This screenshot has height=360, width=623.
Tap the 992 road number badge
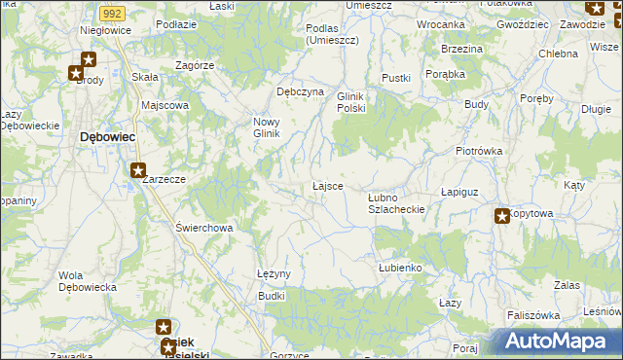click(112, 14)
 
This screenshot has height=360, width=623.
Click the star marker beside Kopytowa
click(502, 216)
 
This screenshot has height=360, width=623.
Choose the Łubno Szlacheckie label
click(396, 203)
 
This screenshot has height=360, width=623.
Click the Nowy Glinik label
click(267, 127)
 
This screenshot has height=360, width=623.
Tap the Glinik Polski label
click(350, 102)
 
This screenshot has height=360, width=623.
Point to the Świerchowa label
click(203, 228)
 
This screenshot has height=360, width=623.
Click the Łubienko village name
click(399, 267)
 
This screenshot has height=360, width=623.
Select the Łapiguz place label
click(462, 193)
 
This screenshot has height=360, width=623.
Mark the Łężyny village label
click(274, 273)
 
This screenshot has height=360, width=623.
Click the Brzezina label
click(461, 49)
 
